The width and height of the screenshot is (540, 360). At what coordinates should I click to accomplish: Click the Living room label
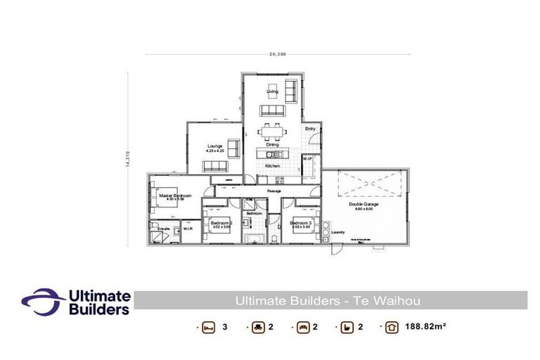tap(272, 91)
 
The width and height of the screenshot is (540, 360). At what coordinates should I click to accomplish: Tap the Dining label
tap(272, 144)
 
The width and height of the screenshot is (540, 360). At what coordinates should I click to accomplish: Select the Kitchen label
tap(272, 166)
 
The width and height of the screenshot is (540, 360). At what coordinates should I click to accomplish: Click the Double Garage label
tap(363, 205)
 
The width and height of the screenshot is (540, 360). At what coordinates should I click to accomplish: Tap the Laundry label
tap(339, 231)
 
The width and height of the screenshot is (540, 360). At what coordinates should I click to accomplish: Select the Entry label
tap(310, 129)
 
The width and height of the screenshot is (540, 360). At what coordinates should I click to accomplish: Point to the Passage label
tap(274, 191)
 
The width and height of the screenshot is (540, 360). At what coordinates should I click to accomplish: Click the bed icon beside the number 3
tap(207, 328)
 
